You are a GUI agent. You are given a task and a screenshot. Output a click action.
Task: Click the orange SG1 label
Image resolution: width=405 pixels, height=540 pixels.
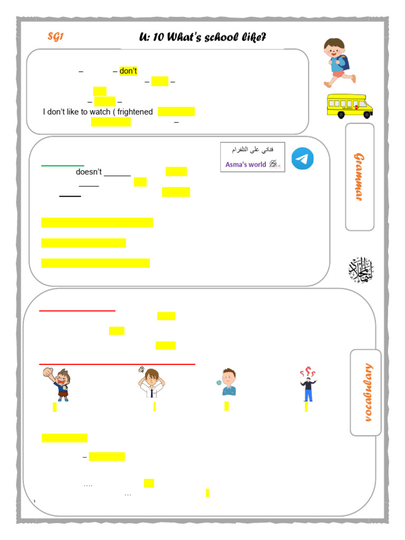[55, 36]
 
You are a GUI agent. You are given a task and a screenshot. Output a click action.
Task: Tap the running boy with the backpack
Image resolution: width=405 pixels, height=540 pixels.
[336, 62]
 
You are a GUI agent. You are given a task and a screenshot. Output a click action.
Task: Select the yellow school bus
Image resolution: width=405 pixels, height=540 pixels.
[350, 106]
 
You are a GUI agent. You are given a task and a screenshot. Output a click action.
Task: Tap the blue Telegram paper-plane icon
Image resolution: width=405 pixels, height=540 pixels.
[303, 159]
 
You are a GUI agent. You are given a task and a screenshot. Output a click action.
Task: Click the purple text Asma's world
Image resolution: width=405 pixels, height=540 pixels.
[246, 165]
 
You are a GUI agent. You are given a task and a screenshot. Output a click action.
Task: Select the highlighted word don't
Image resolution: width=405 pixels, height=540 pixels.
[128, 71]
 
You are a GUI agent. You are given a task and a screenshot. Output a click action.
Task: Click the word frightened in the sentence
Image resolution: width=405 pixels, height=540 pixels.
[136, 112]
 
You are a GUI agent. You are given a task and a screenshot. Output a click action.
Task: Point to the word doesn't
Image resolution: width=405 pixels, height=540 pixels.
[89, 172]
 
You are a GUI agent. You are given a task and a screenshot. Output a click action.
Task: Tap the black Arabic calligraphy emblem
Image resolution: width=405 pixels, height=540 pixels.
[361, 269]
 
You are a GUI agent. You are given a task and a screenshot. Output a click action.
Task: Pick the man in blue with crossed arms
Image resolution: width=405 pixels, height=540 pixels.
[227, 382]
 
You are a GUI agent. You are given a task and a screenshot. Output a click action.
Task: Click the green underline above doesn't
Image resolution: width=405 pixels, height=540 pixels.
[63, 166]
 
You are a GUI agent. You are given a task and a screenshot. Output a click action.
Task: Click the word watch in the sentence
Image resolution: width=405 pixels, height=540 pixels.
[92, 112]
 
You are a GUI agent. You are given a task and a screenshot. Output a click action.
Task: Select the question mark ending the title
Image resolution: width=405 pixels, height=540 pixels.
[263, 37]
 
